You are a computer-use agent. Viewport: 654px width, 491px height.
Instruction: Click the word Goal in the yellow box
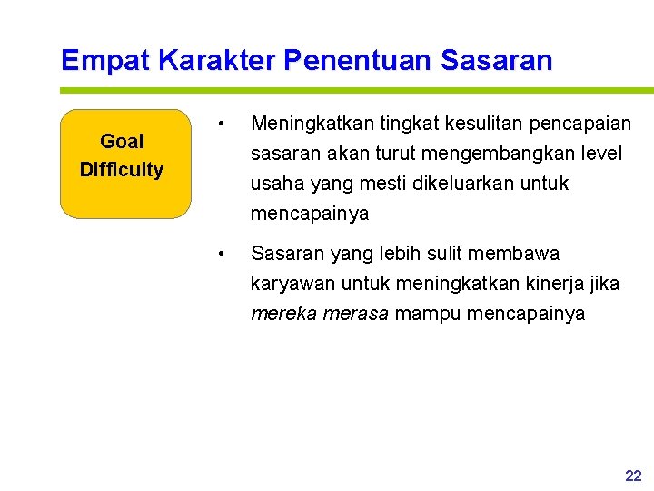point(122,142)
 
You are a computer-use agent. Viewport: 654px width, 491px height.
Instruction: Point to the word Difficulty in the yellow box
point(122,170)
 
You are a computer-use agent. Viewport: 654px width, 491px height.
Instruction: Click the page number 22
point(633,476)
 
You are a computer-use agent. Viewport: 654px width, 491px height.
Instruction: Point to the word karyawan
point(287,284)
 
